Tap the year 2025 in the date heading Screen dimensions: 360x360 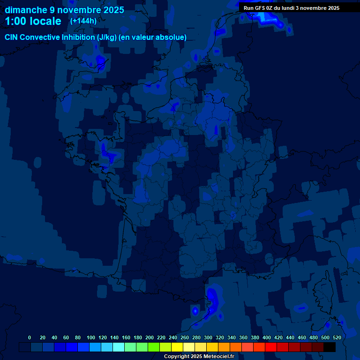pos(111,10)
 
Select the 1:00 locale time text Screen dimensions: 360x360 pos(33,21)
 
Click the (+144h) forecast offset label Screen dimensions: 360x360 pos(83,21)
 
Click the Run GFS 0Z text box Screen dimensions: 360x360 pos(292,8)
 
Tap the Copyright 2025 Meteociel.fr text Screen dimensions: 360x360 pos(199,356)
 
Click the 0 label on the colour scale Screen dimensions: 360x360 pos(30,337)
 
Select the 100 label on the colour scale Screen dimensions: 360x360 pos(91,337)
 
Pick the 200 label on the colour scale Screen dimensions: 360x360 pos(150,337)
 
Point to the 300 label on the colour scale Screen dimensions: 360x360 pos(208,337)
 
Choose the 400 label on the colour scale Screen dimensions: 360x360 pos(267,337)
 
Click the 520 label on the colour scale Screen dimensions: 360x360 pos(337,337)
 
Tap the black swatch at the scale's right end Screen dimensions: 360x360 pos(330,347)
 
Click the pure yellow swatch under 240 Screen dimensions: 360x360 pos(177,347)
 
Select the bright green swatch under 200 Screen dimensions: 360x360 pos(154,347)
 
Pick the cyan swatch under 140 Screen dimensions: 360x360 pos(119,347)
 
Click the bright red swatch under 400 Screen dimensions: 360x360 pos(271,347)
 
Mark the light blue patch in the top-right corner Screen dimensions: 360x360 pos(272,19)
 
